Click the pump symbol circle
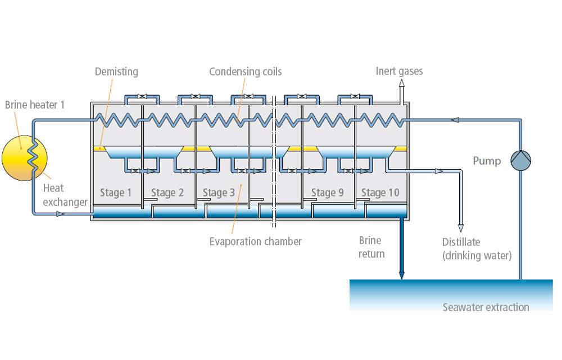pyautogui.click(x=520, y=160)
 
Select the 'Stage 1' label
pyautogui.click(x=116, y=193)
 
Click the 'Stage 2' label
pyautogui.click(x=167, y=193)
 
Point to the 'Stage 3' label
pyautogui.click(x=219, y=193)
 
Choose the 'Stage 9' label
pyautogui.click(x=327, y=193)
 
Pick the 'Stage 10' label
pyautogui.click(x=380, y=193)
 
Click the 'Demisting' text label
pyautogui.click(x=116, y=71)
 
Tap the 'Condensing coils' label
pyautogui.click(x=245, y=71)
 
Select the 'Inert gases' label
pyautogui.click(x=399, y=71)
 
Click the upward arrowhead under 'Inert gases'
pyautogui.click(x=402, y=82)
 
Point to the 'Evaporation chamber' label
pyautogui.click(x=255, y=241)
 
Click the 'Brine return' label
pyautogui.click(x=371, y=247)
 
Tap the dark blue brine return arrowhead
pyautogui.click(x=402, y=275)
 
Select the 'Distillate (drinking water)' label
pyautogui.click(x=477, y=249)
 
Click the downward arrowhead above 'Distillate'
pyautogui.click(x=461, y=228)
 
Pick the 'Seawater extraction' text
pyautogui.click(x=486, y=307)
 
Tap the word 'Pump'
pyautogui.click(x=486, y=161)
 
